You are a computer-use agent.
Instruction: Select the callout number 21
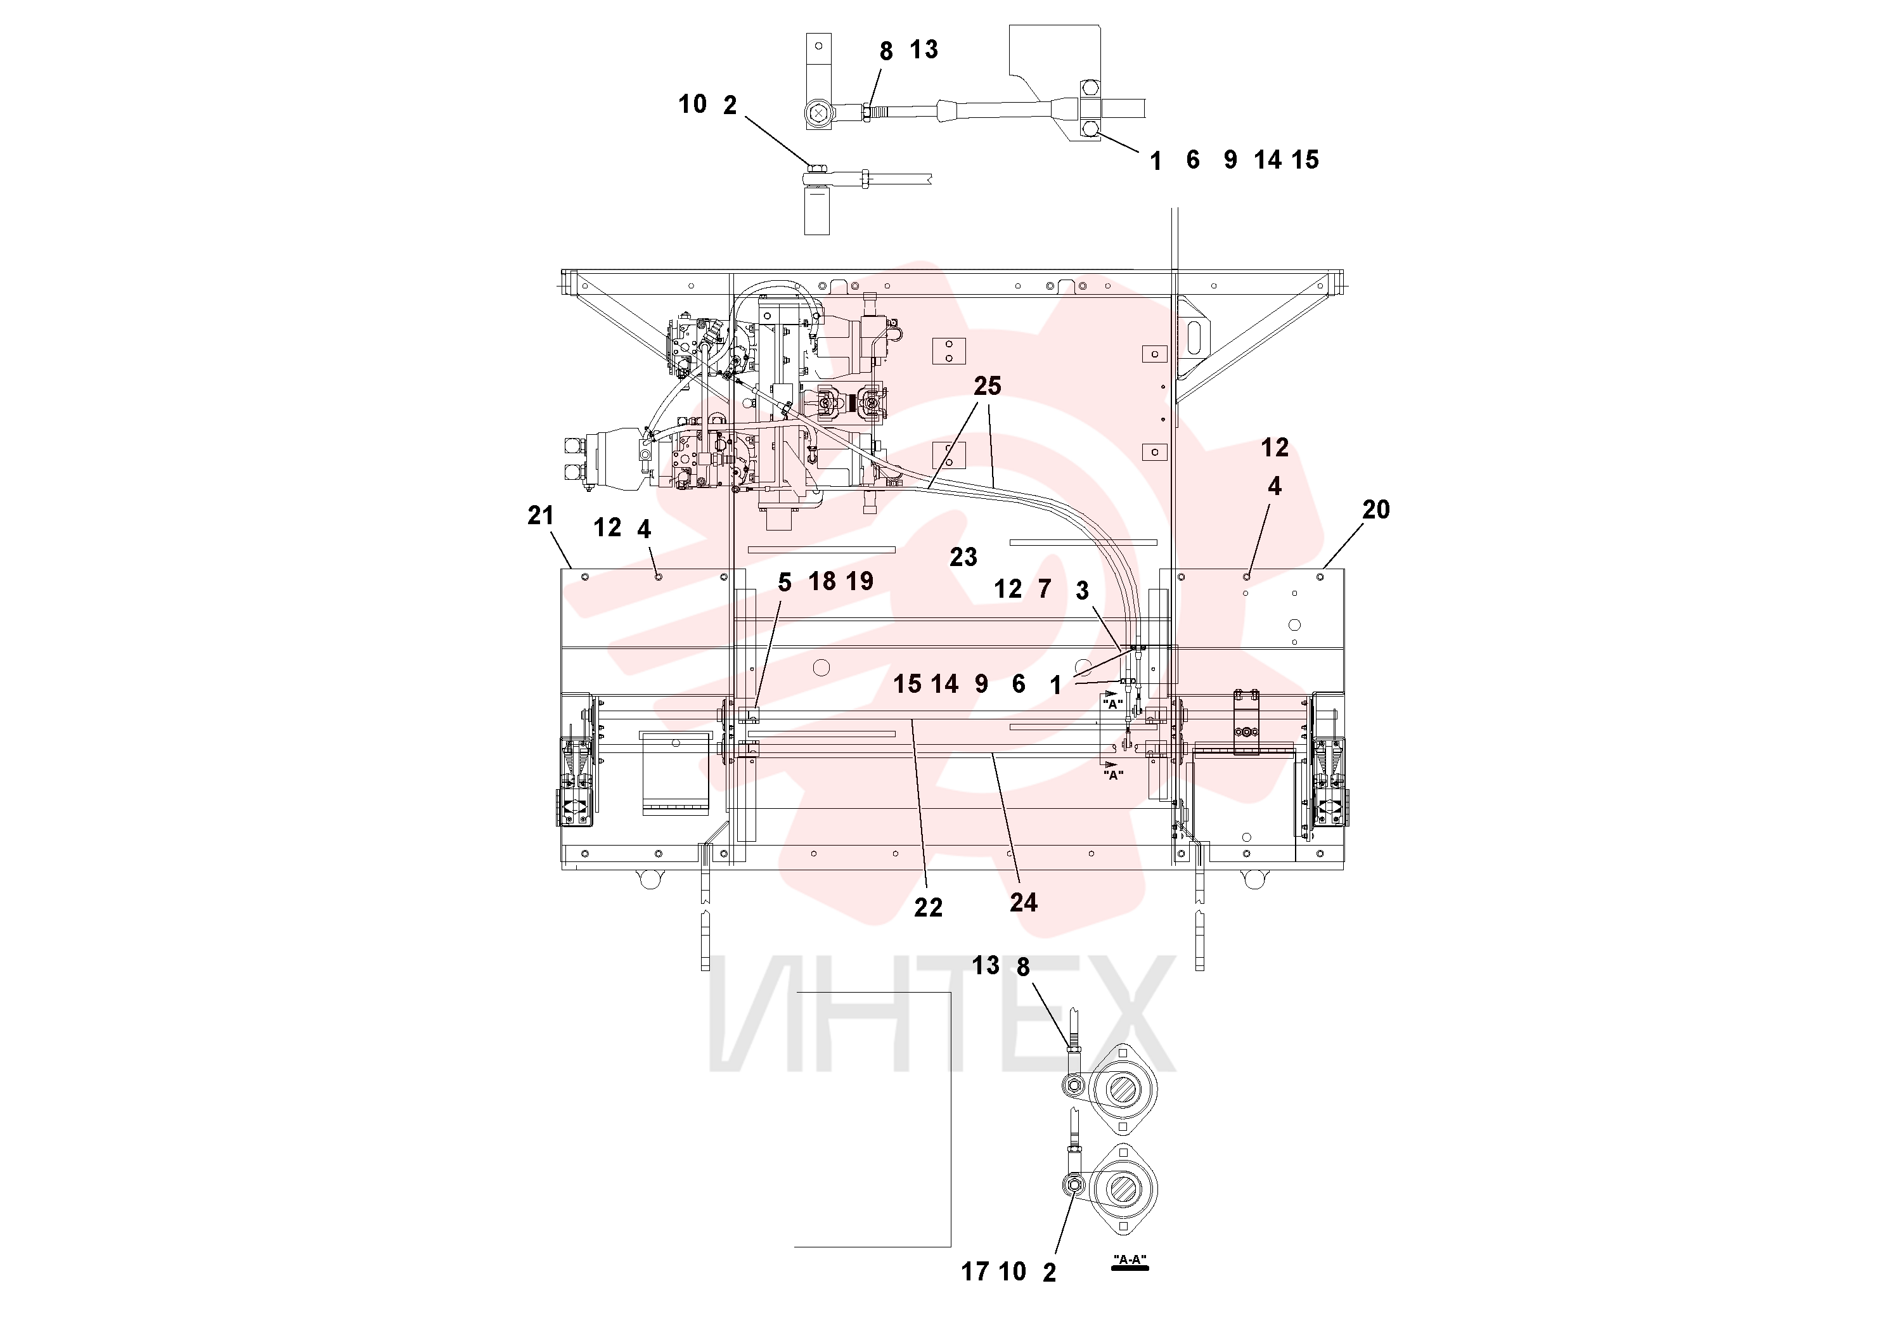click(x=540, y=515)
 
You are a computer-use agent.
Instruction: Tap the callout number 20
click(x=1376, y=510)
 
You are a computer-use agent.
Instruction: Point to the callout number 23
click(x=963, y=557)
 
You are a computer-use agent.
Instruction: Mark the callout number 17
click(x=975, y=1272)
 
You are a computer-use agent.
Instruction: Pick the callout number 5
click(x=784, y=583)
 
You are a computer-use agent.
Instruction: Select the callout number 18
click(x=822, y=581)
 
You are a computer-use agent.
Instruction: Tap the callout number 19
click(x=860, y=581)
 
